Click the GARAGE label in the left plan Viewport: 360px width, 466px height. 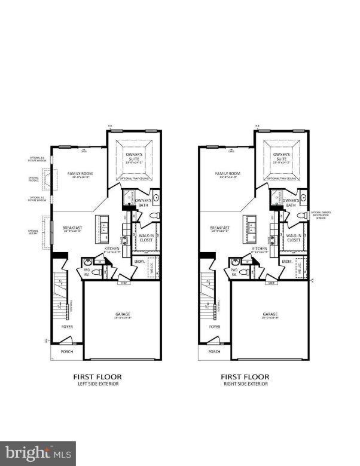tap(123, 314)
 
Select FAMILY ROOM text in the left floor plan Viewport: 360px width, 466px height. tap(81, 174)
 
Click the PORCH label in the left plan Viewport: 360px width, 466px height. tap(67, 352)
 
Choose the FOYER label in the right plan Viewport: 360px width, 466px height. tap(214, 327)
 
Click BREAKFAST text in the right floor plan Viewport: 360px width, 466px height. tap(220, 228)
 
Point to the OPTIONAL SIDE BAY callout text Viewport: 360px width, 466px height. tap(33, 232)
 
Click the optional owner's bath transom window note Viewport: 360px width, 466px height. tap(325, 214)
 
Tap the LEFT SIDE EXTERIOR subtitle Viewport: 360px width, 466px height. tap(97, 384)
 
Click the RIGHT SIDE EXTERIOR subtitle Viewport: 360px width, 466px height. tap(245, 384)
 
